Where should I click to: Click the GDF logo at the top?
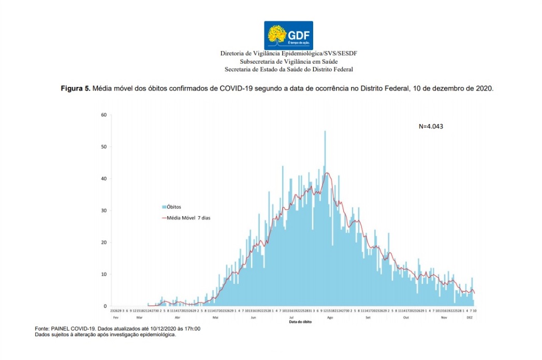tap(288, 35)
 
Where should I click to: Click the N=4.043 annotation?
tap(430, 126)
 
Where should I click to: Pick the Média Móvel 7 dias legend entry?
tap(188, 218)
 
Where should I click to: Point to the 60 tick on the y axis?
tap(104, 115)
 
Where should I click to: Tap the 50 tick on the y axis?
tap(104, 147)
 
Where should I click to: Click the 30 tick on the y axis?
tap(104, 211)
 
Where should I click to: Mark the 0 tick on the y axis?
tap(105, 306)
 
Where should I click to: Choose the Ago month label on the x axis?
tap(329, 317)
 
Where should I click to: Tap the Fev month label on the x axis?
tap(116, 317)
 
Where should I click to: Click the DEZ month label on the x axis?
tap(470, 317)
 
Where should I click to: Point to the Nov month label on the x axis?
tap(444, 317)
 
